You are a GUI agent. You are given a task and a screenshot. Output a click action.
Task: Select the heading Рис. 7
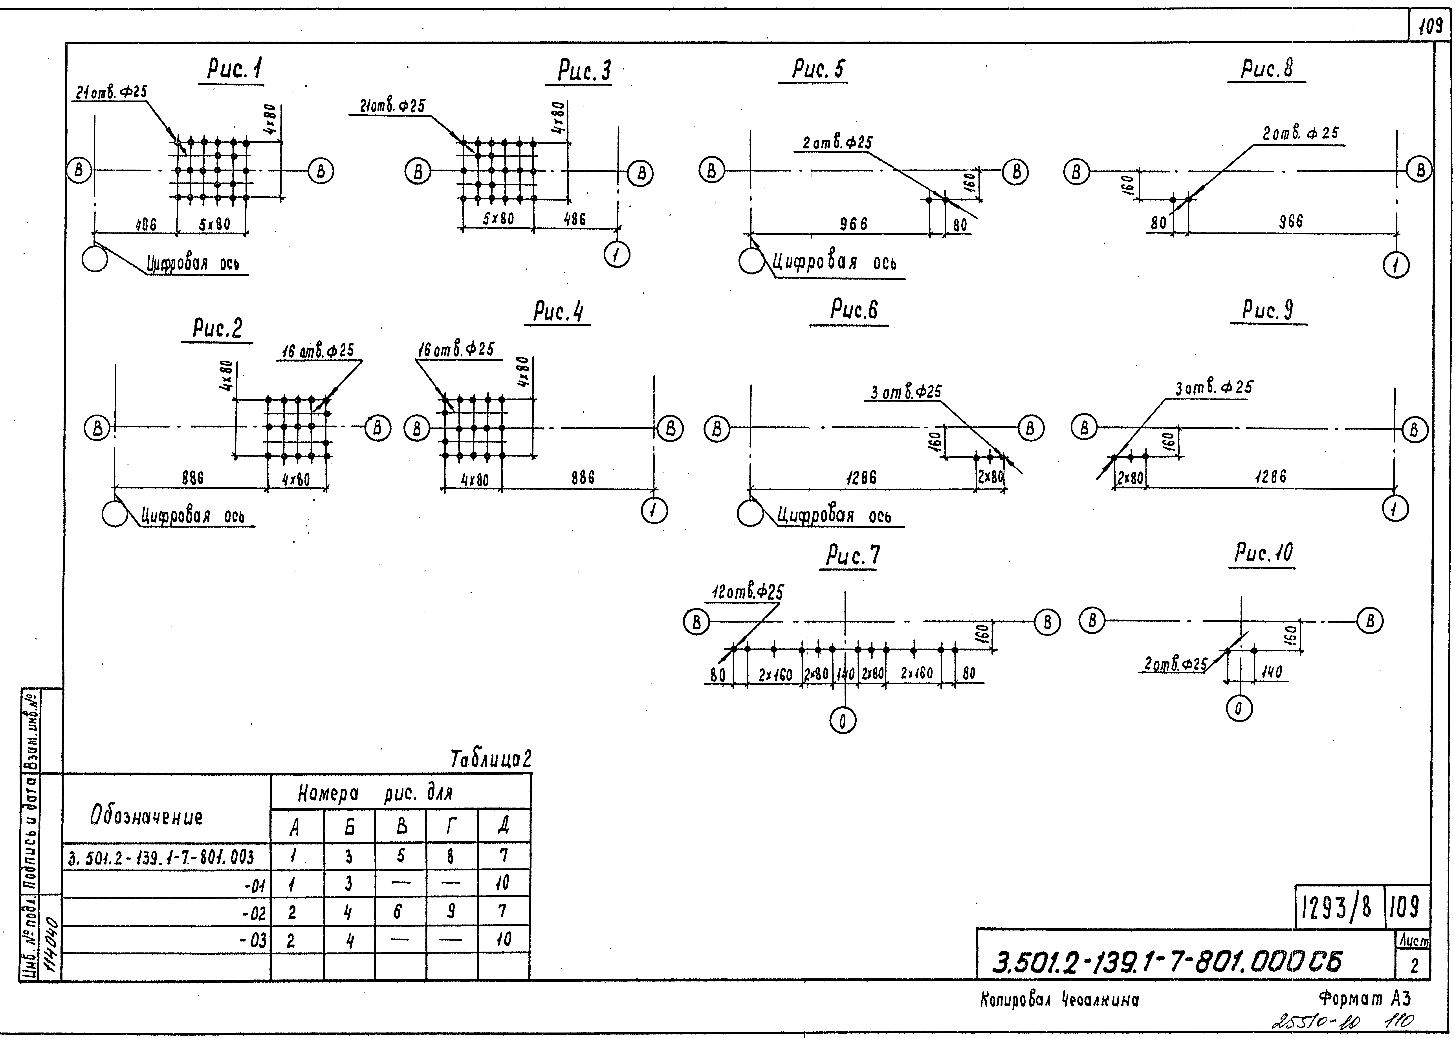coord(852,556)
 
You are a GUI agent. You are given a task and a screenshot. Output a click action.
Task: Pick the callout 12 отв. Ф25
coord(748,592)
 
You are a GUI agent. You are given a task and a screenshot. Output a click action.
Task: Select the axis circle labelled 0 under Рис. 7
coord(843,721)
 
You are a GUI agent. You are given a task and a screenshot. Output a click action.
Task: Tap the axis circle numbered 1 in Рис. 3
coord(617,255)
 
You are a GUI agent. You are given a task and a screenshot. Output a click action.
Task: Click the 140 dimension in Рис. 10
coord(1272,673)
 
